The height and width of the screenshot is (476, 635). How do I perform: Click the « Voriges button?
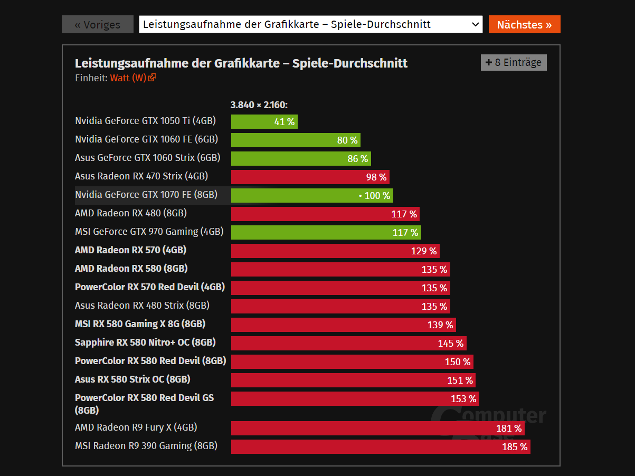pos(98,24)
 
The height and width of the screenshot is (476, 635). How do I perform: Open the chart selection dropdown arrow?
pos(475,24)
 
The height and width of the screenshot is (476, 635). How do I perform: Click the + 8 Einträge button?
pos(514,62)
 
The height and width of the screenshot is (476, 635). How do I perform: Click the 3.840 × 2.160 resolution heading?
pos(259,104)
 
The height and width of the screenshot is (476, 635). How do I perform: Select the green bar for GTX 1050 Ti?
pos(264,122)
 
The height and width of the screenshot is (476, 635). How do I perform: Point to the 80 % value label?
pos(347,140)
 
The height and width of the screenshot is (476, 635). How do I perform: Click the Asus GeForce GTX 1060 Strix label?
pos(147,157)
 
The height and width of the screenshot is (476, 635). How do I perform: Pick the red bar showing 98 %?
pos(310,177)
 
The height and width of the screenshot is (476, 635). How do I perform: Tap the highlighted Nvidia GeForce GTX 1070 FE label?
pos(146,195)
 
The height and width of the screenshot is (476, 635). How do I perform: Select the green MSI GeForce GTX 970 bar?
pos(326,233)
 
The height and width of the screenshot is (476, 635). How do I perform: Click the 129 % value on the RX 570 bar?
pos(424,251)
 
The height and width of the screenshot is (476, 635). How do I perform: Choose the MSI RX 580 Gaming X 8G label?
pos(140,323)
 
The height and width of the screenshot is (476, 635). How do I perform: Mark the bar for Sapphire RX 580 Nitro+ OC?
pos(348,344)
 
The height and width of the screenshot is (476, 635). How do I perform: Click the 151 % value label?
pos(460,380)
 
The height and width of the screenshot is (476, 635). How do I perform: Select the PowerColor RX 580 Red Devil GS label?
pos(144,404)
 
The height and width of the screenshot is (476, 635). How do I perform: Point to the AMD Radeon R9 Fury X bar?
pos(377,428)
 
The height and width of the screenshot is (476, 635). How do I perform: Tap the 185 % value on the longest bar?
pos(515,447)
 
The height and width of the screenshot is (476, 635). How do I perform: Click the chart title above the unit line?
pos(241,63)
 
